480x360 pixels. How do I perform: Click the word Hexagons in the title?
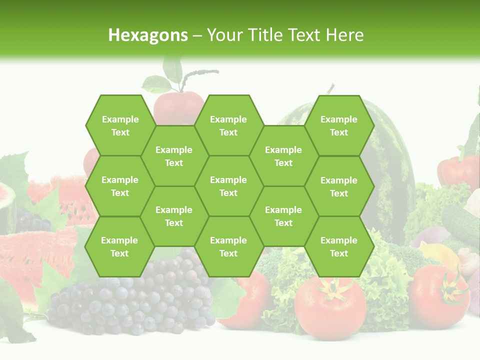click(x=148, y=35)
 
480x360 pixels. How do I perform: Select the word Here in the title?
click(x=344, y=35)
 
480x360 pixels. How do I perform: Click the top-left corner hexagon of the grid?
click(x=120, y=125)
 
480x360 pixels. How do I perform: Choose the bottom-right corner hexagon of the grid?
click(x=339, y=246)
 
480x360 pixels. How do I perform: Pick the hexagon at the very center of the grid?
click(x=228, y=186)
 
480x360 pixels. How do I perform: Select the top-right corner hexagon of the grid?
click(x=339, y=125)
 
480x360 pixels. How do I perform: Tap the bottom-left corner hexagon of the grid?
click(x=119, y=246)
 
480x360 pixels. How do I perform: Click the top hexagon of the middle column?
click(x=228, y=125)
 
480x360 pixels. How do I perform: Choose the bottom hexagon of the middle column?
click(x=228, y=246)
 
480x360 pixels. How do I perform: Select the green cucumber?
click(x=460, y=220)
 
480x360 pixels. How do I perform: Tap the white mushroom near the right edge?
click(x=468, y=260)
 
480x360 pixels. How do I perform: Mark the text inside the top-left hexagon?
click(x=120, y=125)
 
